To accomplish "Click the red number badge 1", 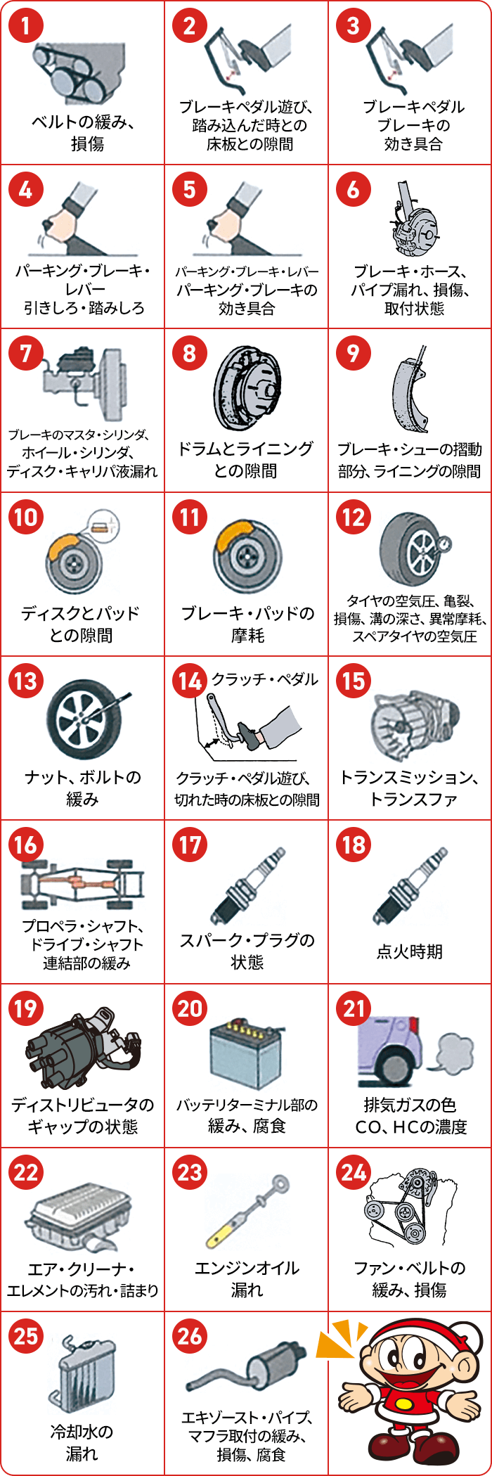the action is [26, 26].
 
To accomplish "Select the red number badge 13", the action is [26, 681].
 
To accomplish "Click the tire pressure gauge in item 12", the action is [444, 545].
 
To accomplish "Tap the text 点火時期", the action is [410, 951].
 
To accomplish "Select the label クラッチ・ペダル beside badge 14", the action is [265, 679].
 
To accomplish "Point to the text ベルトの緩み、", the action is [82, 122].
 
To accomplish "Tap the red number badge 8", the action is [190, 354].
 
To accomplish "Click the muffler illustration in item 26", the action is [247, 1368].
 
